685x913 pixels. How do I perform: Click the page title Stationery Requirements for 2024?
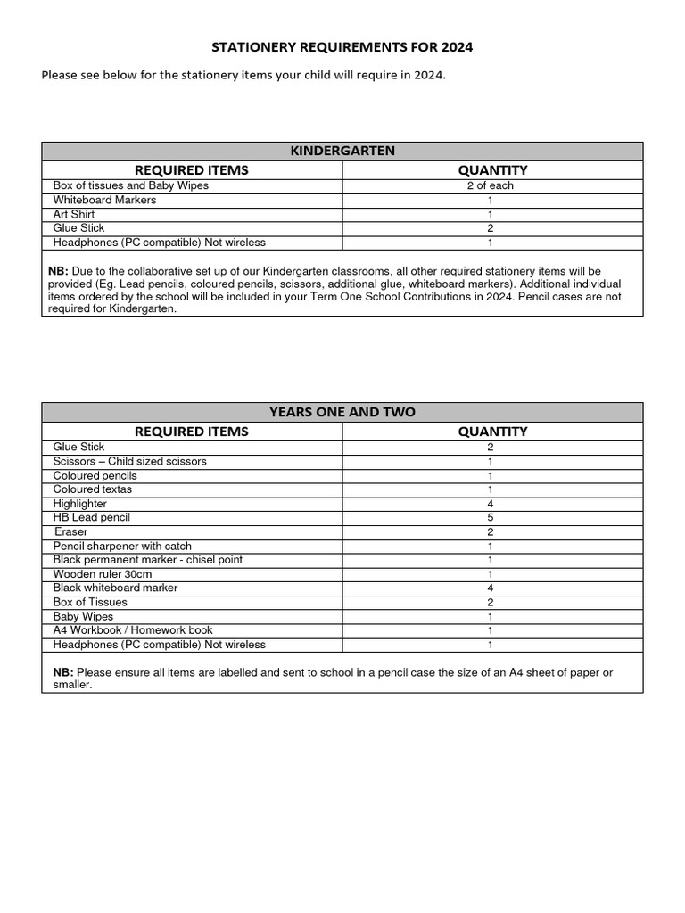pos(342,47)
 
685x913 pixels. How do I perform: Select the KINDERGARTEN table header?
pos(342,151)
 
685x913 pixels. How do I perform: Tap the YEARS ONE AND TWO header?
pos(342,412)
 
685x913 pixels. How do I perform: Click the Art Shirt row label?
pos(74,214)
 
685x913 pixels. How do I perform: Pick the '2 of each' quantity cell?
pos(490,185)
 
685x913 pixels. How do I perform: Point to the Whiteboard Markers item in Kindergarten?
pos(104,200)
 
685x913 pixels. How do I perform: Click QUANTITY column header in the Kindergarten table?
pos(492,169)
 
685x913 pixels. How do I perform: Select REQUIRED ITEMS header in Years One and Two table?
pos(191,431)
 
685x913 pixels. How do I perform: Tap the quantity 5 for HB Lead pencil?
pos(490,517)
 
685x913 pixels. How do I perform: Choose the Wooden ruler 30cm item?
pos(103,574)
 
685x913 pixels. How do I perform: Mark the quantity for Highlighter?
pos(490,504)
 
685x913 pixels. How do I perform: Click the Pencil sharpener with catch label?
pos(122,546)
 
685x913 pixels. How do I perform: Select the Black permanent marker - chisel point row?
pos(147,560)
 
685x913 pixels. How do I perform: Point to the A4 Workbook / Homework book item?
pos(133,629)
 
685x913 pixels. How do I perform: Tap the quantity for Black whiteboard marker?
pos(490,588)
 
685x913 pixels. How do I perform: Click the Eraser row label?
pos(71,531)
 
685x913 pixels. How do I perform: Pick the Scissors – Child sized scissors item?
pos(129,461)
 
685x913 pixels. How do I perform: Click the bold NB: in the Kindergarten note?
pos(59,271)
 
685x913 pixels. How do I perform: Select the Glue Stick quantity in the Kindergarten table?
pos(490,228)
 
